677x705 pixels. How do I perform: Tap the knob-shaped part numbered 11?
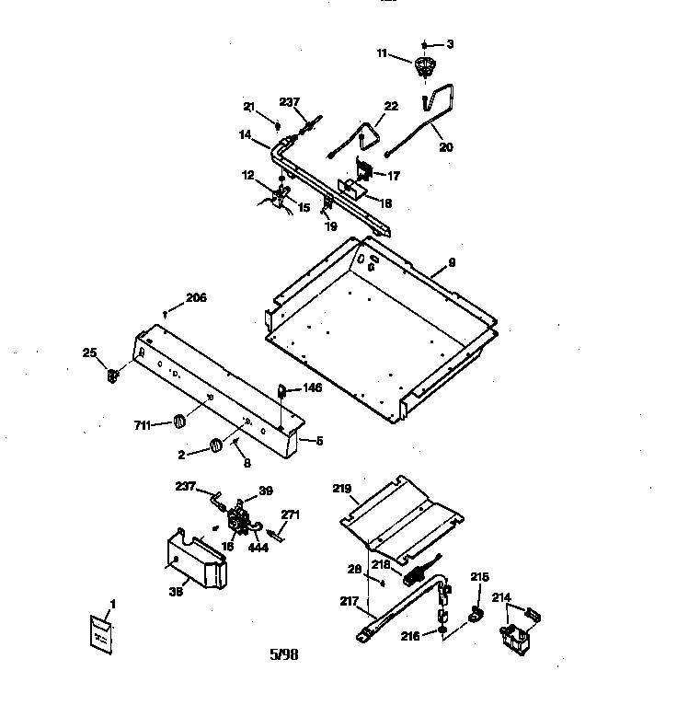click(x=424, y=66)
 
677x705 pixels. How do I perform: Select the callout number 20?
click(x=446, y=146)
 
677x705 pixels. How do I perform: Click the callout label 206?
click(x=196, y=297)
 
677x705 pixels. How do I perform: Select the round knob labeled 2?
click(x=216, y=445)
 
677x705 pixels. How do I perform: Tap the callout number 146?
click(x=313, y=388)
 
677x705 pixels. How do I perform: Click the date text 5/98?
click(x=283, y=655)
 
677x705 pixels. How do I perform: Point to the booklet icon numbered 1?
click(x=102, y=633)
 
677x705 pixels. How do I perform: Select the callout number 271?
click(x=290, y=515)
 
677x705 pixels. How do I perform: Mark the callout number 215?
click(x=479, y=577)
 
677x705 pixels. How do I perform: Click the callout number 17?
click(x=393, y=175)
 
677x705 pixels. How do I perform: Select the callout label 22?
click(x=391, y=107)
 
